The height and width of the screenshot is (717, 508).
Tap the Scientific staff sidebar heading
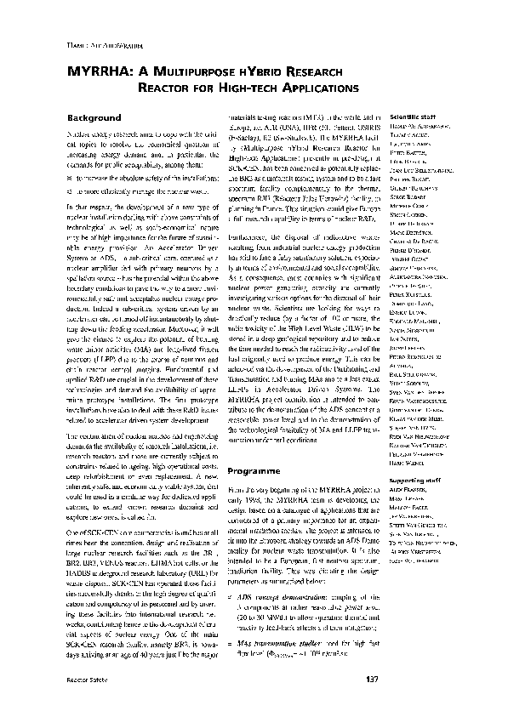point(412,116)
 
